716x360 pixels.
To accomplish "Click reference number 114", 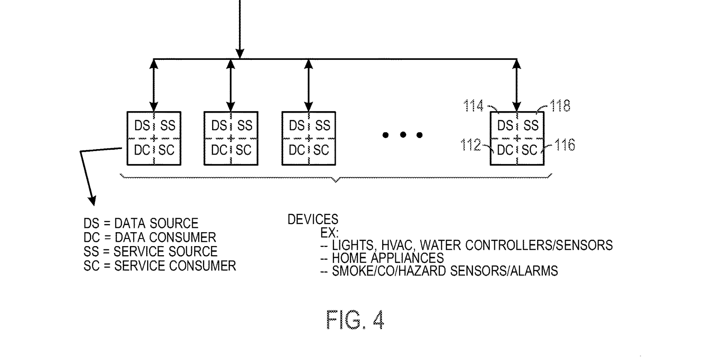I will [473, 106].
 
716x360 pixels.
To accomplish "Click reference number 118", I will [560, 106].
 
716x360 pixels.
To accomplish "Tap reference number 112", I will [470, 145].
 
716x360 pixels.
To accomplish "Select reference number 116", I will [565, 145].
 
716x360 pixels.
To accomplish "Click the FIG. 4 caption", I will [355, 320].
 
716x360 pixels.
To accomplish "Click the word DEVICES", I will [313, 220].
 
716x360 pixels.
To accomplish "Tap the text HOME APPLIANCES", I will [387, 258].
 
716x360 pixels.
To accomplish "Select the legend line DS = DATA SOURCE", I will [141, 223].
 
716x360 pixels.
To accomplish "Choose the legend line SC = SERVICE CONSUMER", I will [160, 266].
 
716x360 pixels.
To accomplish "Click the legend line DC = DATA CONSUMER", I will [149, 238].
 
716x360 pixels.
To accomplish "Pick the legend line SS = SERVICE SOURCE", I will [150, 252].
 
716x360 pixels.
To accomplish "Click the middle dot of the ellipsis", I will [402, 135].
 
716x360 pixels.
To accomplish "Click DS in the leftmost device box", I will [142, 126].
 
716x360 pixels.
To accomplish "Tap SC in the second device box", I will [244, 150].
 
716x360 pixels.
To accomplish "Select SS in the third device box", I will [322, 126].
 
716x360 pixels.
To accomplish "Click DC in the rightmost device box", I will [505, 150].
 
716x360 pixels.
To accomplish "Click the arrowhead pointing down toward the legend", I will [92, 200].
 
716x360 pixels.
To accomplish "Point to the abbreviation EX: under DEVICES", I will [329, 233].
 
